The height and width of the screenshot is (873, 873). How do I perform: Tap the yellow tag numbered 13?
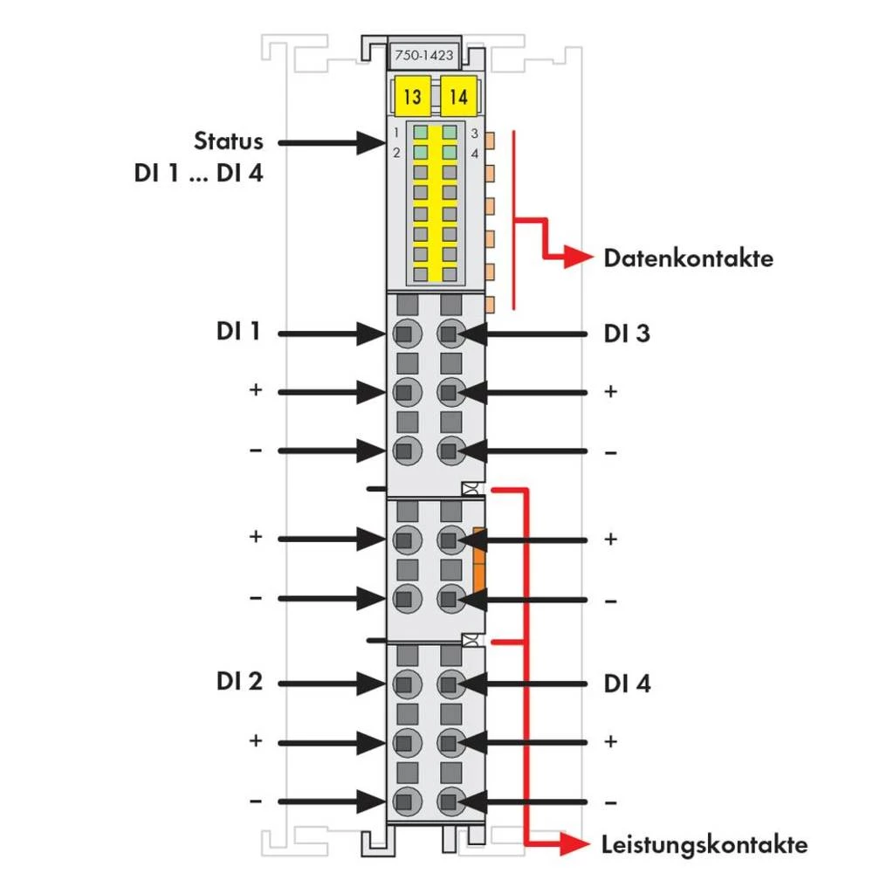click(412, 95)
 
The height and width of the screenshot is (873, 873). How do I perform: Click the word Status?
click(228, 141)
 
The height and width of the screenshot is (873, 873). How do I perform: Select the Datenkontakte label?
click(688, 258)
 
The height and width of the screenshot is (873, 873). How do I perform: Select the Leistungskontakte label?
click(705, 844)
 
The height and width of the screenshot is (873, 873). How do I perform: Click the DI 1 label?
click(238, 332)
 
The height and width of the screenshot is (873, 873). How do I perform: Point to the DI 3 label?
click(627, 333)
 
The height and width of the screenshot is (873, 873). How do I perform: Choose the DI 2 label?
click(238, 682)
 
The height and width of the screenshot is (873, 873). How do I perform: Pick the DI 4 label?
click(627, 684)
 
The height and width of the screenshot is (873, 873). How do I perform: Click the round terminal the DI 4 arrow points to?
click(450, 683)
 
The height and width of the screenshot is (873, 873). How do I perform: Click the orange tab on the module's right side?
click(478, 559)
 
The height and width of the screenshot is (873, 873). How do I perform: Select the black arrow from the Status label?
click(323, 142)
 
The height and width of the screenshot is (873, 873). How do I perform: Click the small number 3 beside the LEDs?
click(474, 134)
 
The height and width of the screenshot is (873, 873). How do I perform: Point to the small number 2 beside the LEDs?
click(396, 153)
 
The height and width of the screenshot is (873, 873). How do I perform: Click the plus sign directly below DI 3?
click(611, 391)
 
